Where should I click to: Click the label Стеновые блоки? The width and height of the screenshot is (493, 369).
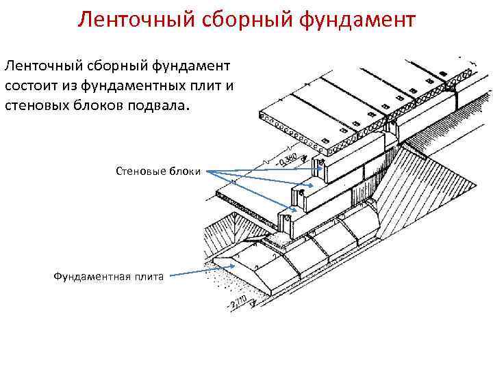(158, 171)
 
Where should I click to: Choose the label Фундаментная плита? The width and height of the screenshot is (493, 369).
(108, 276)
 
